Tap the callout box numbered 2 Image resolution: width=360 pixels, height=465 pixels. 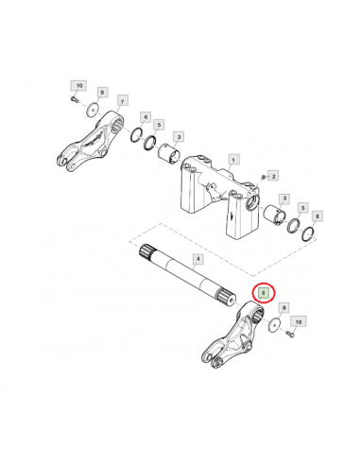pyautogui.click(x=272, y=176)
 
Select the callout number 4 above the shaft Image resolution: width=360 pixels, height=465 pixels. pyautogui.click(x=197, y=258)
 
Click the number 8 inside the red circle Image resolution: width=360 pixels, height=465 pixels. pyautogui.click(x=265, y=294)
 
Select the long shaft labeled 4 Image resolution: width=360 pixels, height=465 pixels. pyautogui.click(x=185, y=279)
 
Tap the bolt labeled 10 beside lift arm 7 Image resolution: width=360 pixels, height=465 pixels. pyautogui.click(x=73, y=100)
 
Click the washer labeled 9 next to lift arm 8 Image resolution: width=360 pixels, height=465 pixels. pyautogui.click(x=272, y=324)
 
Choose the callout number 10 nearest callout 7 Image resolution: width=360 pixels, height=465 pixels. pyautogui.click(x=78, y=86)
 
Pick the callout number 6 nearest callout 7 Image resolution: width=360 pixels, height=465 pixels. pyautogui.click(x=146, y=117)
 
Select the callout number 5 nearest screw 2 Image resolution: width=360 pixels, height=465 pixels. pyautogui.click(x=302, y=206)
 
